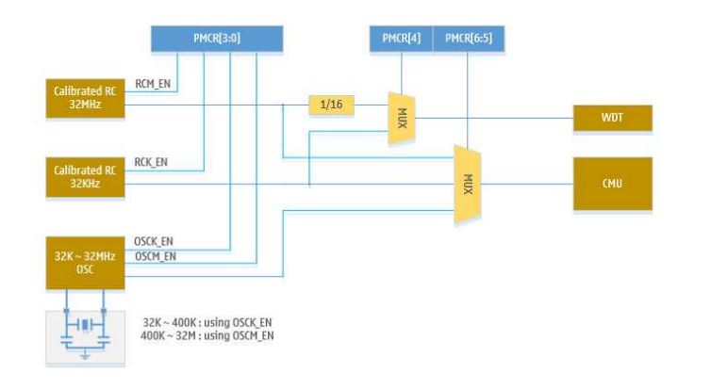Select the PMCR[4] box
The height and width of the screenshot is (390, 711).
pyautogui.click(x=401, y=41)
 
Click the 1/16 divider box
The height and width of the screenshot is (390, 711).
pyautogui.click(x=330, y=105)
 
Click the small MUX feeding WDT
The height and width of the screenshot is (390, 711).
pyautogui.click(x=401, y=118)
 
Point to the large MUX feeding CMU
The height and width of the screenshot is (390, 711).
pyautogui.click(x=467, y=184)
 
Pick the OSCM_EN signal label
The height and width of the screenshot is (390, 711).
pyautogui.click(x=156, y=256)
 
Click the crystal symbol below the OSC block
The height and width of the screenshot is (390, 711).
pyautogui.click(x=86, y=326)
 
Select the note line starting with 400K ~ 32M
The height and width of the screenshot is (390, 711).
pyautogui.click(x=207, y=335)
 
